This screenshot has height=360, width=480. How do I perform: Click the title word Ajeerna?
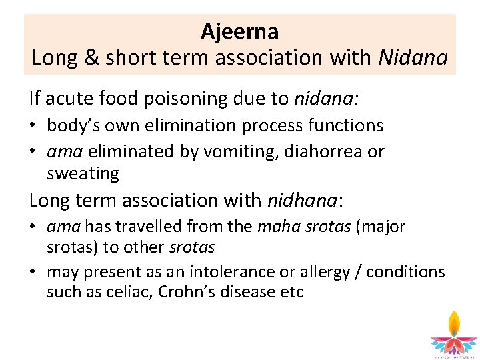coord(240,31)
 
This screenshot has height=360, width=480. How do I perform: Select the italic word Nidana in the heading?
coord(413,58)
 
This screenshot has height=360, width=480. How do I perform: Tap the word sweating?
coord(83,174)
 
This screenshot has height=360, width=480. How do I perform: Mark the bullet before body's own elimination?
coord(33,125)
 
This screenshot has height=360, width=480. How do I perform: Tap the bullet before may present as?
coord(33,272)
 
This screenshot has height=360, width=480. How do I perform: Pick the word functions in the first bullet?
coord(346,125)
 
